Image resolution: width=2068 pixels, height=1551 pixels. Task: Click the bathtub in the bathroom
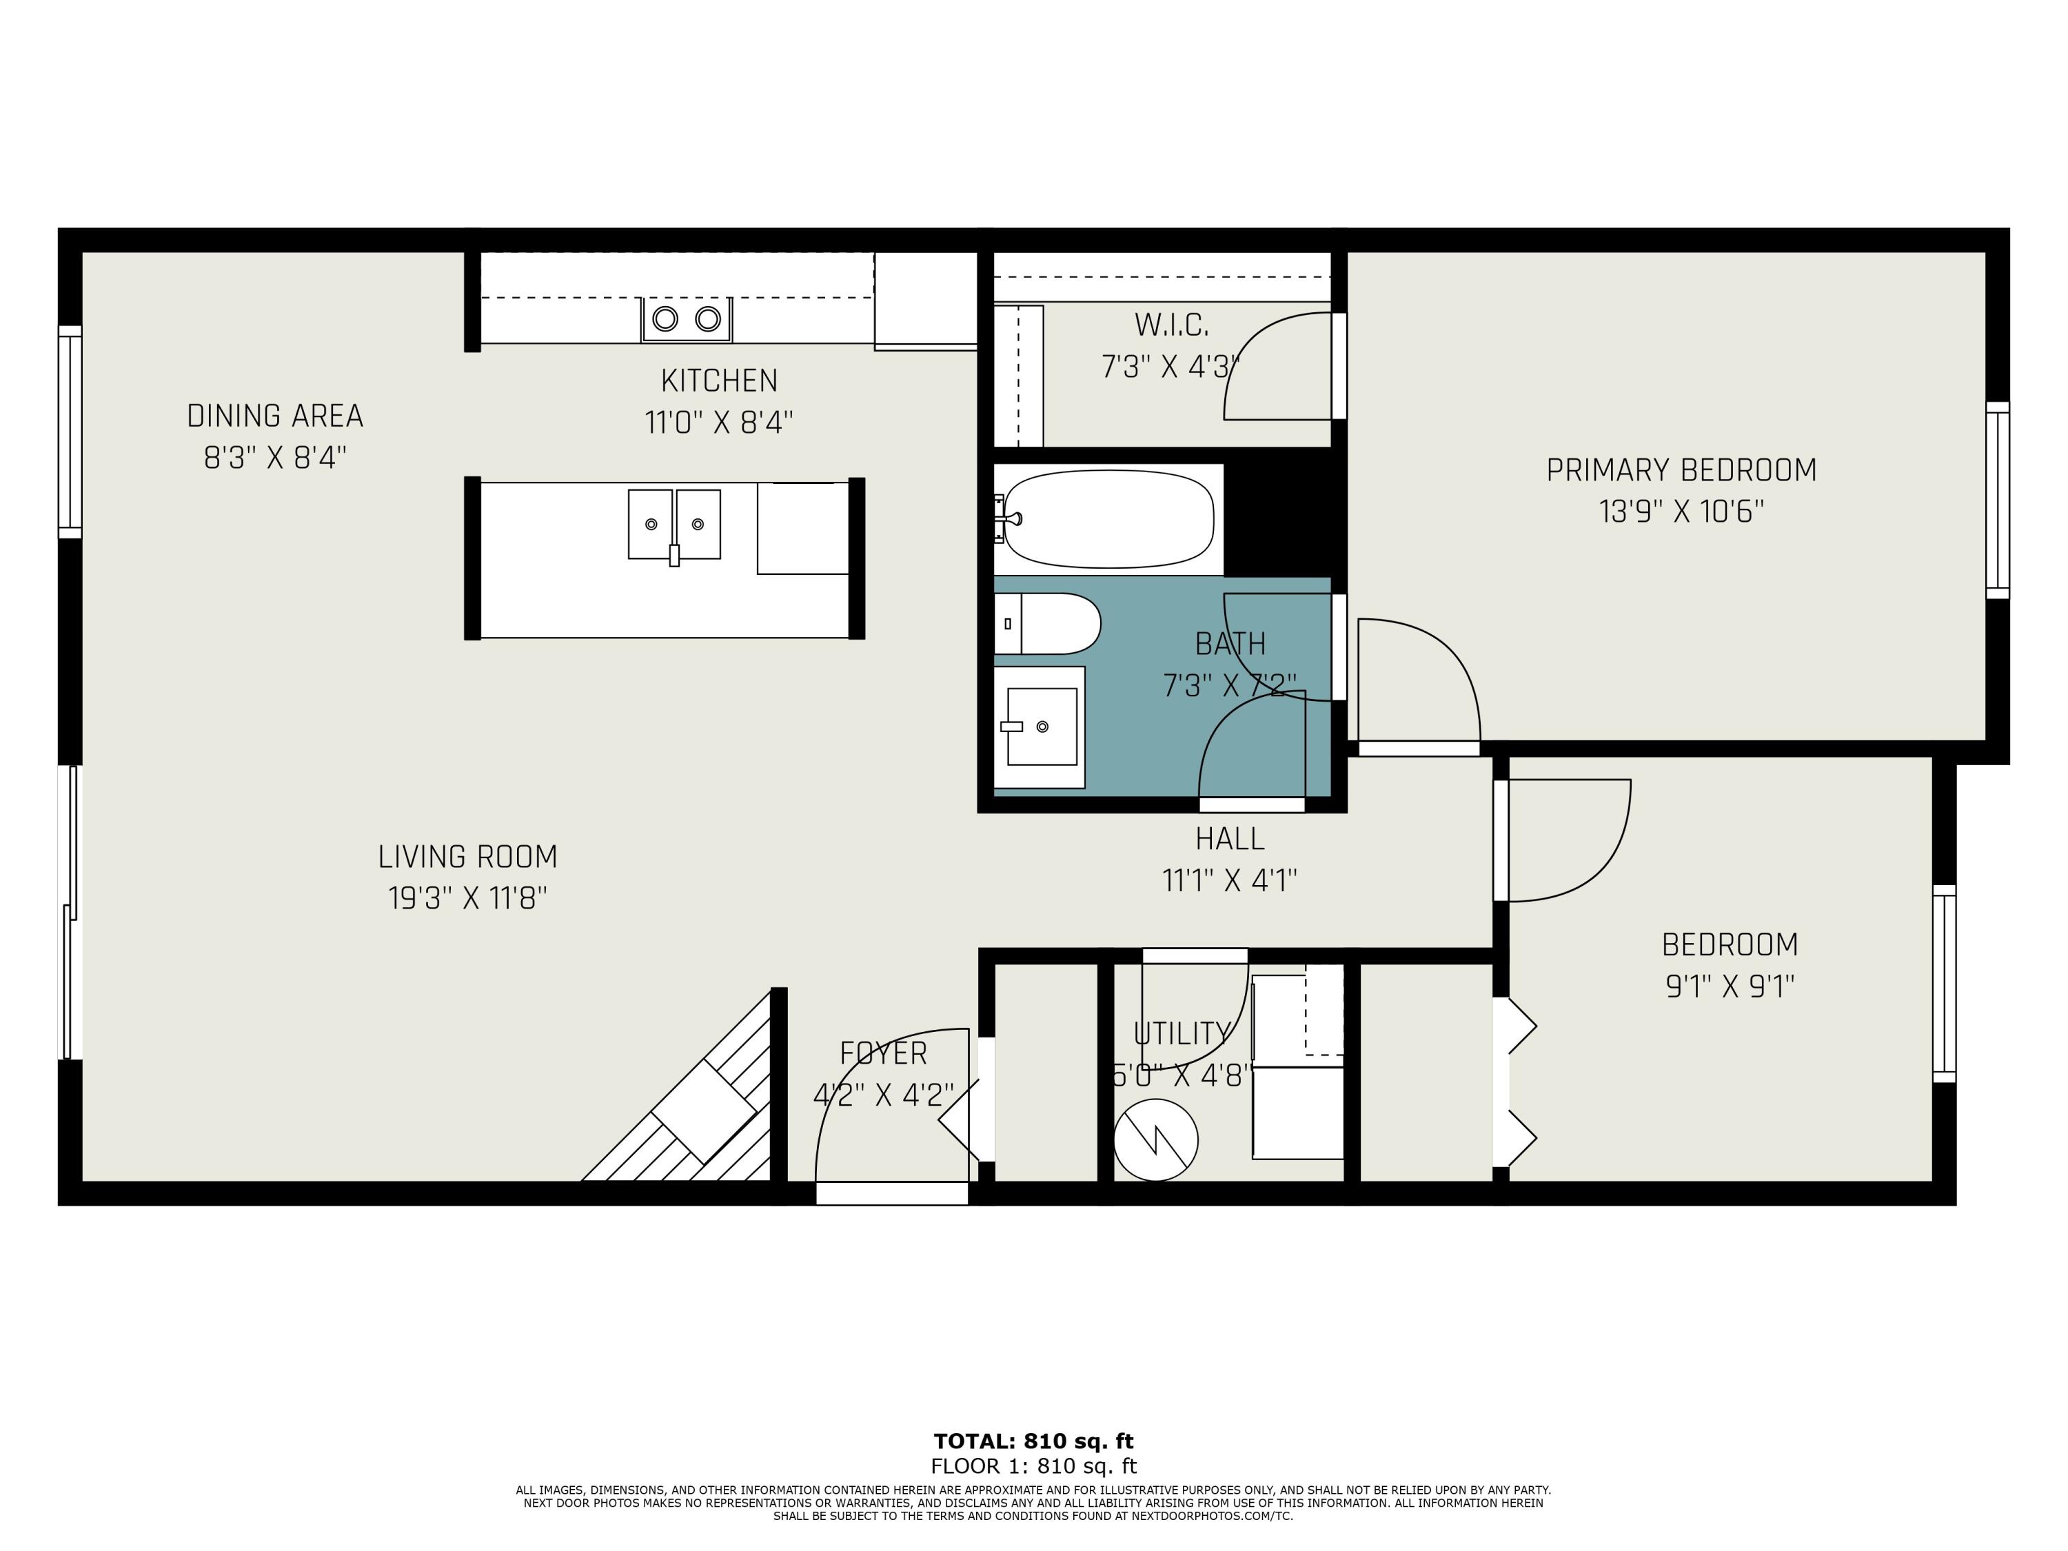pyautogui.click(x=1108, y=519)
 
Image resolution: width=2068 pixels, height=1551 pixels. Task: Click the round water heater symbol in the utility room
pyautogui.click(x=1155, y=1139)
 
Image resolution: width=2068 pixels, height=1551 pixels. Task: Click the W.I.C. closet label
pyautogui.click(x=1171, y=325)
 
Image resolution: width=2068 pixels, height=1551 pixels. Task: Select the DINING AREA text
pyautogui.click(x=275, y=416)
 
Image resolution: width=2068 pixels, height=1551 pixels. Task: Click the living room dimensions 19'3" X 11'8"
pyautogui.click(x=467, y=898)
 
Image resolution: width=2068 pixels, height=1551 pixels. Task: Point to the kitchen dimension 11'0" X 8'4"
pyautogui.click(x=719, y=423)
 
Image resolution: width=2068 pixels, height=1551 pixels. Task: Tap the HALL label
pyautogui.click(x=1229, y=839)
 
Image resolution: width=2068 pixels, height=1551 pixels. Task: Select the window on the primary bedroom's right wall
pyautogui.click(x=1996, y=500)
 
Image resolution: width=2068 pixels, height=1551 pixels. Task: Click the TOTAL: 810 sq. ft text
pyautogui.click(x=1033, y=1441)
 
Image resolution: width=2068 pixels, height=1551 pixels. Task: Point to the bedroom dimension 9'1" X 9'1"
pyautogui.click(x=1730, y=986)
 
